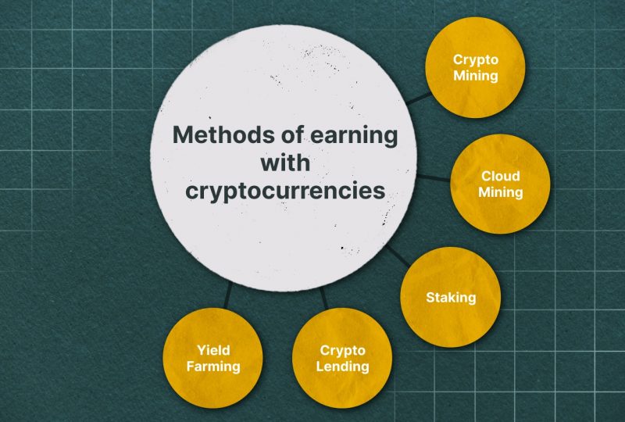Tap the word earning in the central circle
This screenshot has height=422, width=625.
point(354,137)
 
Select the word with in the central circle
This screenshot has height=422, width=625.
point(285,163)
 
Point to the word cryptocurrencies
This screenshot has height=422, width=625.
point(285,191)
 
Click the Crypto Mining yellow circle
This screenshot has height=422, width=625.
point(475,67)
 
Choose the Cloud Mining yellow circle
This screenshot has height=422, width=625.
point(500,184)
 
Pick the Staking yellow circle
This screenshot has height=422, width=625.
point(451,297)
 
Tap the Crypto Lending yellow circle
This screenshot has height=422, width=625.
point(342,358)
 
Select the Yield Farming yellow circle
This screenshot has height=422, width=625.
point(213,358)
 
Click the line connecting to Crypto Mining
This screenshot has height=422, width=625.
point(419,98)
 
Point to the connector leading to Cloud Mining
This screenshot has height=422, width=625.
point(434,178)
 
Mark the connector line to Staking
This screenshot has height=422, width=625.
point(398,256)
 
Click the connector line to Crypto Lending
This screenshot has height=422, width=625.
point(323,299)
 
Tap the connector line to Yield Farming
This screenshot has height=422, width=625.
point(228,295)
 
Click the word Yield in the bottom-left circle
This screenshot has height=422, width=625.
point(213,350)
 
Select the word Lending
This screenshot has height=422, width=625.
point(342,367)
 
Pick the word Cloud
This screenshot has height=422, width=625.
point(500,176)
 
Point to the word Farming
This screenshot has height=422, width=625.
point(213,367)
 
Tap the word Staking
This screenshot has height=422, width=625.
point(451,298)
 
